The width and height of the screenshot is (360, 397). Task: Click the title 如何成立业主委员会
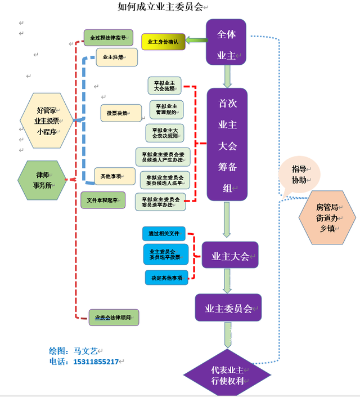pos(160,7)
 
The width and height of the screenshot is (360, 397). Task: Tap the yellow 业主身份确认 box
pos(163,42)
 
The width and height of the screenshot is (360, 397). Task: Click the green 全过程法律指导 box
pos(109,38)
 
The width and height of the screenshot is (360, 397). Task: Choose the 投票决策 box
pos(121,113)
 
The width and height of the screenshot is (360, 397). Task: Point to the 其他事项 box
pos(115,176)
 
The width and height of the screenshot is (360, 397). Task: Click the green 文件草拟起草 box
pos(102,200)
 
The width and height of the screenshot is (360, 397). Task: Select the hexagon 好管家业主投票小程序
pos(47,121)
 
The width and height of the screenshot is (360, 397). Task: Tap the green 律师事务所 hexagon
pos(43,180)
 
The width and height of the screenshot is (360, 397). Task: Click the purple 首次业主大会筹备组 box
pos(227,144)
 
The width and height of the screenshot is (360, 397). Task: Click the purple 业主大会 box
pos(230,256)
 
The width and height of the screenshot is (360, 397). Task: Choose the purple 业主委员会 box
pos(228,308)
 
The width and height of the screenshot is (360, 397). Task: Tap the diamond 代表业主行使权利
pos(227,375)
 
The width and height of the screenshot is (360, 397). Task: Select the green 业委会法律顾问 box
pos(113,318)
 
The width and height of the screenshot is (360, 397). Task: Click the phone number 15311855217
pos(96,362)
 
